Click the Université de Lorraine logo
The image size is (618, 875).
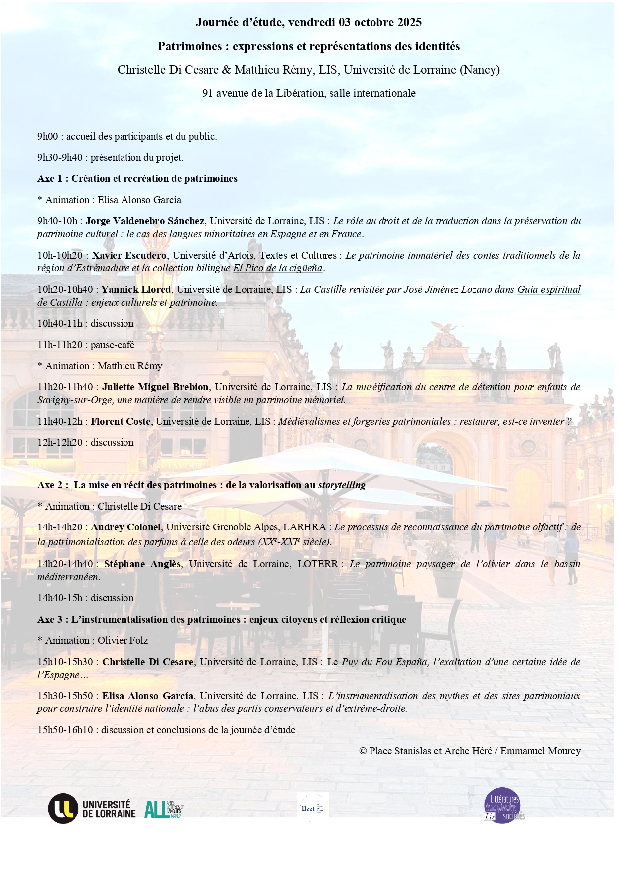(x=92, y=808)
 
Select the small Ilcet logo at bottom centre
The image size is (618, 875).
(x=312, y=807)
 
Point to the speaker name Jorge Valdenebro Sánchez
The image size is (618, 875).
(x=145, y=221)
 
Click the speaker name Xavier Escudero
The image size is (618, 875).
(x=129, y=255)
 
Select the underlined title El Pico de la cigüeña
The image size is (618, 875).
(x=278, y=268)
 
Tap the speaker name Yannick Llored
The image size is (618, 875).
(x=136, y=289)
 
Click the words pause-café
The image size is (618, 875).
(x=113, y=345)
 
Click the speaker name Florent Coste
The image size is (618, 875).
(x=121, y=421)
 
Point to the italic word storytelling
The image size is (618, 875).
(x=342, y=485)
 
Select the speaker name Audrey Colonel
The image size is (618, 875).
(x=126, y=527)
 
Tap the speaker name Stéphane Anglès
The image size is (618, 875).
(x=142, y=564)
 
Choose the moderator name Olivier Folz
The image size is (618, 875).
(x=123, y=640)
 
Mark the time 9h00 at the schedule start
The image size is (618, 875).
(x=48, y=136)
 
